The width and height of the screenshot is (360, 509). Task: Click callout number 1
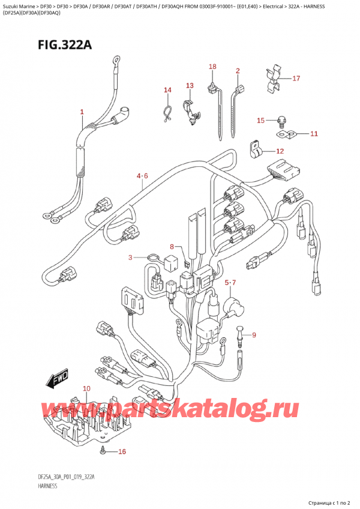click(x=82, y=112)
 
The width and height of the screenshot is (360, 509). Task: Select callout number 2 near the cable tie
click(x=238, y=71)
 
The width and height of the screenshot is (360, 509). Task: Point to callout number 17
click(x=296, y=78)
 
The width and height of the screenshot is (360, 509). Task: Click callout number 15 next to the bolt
click(x=260, y=121)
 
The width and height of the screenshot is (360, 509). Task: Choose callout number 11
click(x=314, y=133)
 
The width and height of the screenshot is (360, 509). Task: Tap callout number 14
click(x=167, y=90)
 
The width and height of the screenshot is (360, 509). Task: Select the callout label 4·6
click(x=142, y=176)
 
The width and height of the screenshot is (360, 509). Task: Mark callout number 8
click(x=172, y=246)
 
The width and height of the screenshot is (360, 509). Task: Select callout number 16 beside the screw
click(x=122, y=451)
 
